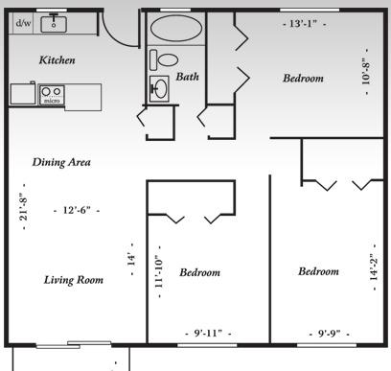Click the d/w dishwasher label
pyautogui.click(x=24, y=23)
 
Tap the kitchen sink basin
pyautogui.click(x=54, y=24)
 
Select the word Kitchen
pyautogui.click(x=57, y=60)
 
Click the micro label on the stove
pyautogui.click(x=52, y=101)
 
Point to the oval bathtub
pyautogui.click(x=176, y=28)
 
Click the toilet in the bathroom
pyautogui.click(x=164, y=59)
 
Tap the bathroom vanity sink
pyautogui.click(x=159, y=88)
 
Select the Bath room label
pyautogui.click(x=188, y=77)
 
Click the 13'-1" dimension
pyautogui.click(x=304, y=24)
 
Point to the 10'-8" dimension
pyautogui.click(x=366, y=72)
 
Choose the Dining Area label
pyautogui.click(x=61, y=162)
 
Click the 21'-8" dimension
pyautogui.click(x=24, y=207)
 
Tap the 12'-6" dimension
pyautogui.click(x=77, y=210)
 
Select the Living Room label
pyautogui.click(x=74, y=280)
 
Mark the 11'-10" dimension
pyautogui.click(x=159, y=271)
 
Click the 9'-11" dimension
pyautogui.click(x=208, y=334)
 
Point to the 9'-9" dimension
pyautogui.click(x=329, y=334)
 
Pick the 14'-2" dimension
pyautogui.click(x=374, y=267)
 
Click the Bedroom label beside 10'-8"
pyautogui.click(x=303, y=79)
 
